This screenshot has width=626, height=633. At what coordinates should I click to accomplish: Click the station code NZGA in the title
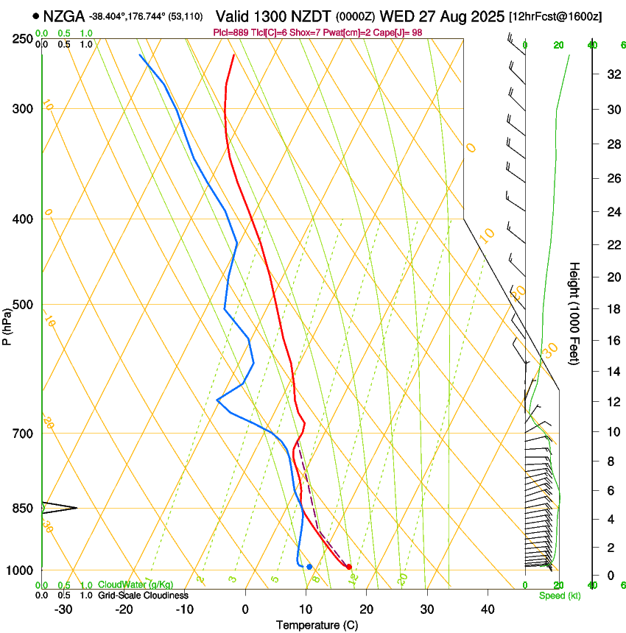[x=64, y=16]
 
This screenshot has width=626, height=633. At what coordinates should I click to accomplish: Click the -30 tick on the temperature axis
[x=63, y=609]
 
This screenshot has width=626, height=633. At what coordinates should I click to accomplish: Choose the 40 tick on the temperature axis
[x=488, y=609]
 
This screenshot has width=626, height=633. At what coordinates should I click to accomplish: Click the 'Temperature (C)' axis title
[x=317, y=625]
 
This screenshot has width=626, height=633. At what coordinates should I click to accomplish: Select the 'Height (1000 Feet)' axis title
[x=575, y=313]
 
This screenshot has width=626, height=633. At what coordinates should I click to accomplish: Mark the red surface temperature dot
[x=349, y=566]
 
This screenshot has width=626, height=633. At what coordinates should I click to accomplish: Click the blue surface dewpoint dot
[x=309, y=566]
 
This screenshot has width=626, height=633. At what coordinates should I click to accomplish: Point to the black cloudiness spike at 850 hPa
[x=63, y=507]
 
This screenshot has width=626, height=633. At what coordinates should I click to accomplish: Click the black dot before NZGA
[x=35, y=15]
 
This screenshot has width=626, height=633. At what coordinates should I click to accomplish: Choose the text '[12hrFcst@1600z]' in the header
[x=555, y=16]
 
